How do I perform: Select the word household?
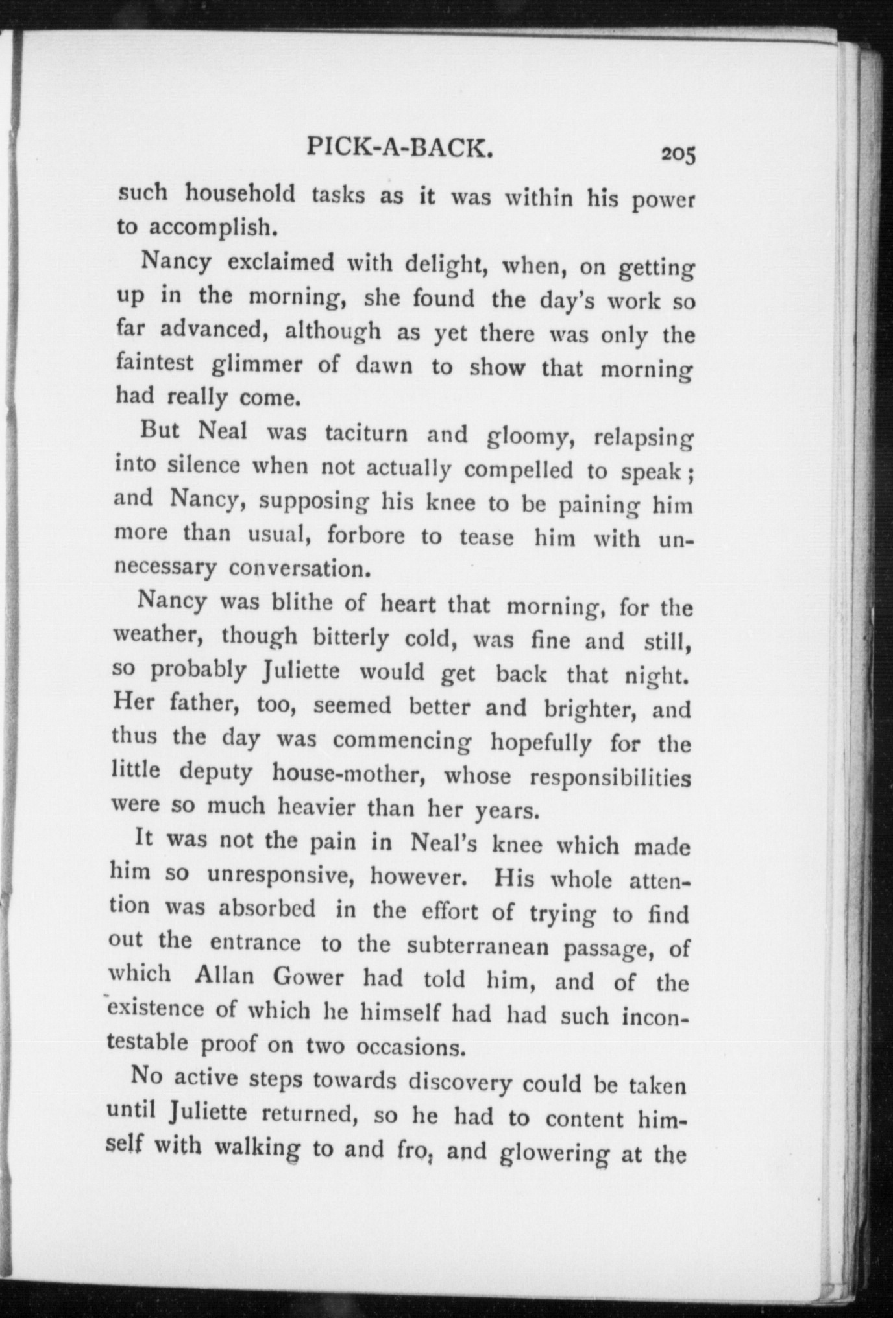[x=239, y=194]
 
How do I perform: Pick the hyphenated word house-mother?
[x=347, y=774]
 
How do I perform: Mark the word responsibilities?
[x=610, y=778]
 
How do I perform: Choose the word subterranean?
[x=479, y=947]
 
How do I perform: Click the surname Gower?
[x=308, y=977]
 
